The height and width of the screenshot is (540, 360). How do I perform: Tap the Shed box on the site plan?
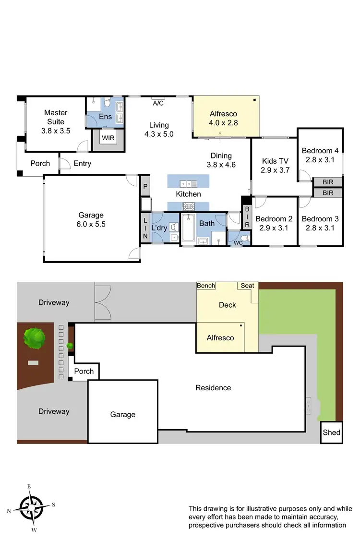click(331, 432)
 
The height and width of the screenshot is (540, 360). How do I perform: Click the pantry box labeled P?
click(145, 186)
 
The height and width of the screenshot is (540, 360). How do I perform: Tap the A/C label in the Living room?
click(157, 103)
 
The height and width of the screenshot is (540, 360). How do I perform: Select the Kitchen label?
click(188, 194)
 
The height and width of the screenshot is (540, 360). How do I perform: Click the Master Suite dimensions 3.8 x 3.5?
click(56, 130)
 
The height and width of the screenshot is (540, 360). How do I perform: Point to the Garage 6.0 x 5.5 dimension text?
click(92, 224)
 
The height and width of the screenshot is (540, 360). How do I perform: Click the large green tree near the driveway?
click(34, 337)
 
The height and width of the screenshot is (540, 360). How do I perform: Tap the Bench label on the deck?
click(206, 286)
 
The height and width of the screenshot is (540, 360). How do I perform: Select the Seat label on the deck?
click(247, 286)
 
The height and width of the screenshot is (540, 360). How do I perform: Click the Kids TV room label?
click(276, 161)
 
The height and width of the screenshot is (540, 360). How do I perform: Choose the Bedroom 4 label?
click(320, 151)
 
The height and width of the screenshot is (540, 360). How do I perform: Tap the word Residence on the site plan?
click(213, 387)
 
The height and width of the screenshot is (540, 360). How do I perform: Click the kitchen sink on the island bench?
click(186, 183)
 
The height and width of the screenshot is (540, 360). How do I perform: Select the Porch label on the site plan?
click(84, 371)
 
